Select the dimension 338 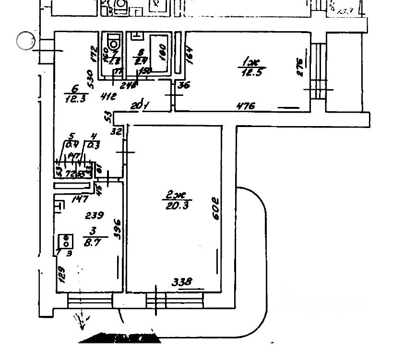coord(182,282)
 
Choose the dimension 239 coord(95,215)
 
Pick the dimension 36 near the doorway coord(182,86)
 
